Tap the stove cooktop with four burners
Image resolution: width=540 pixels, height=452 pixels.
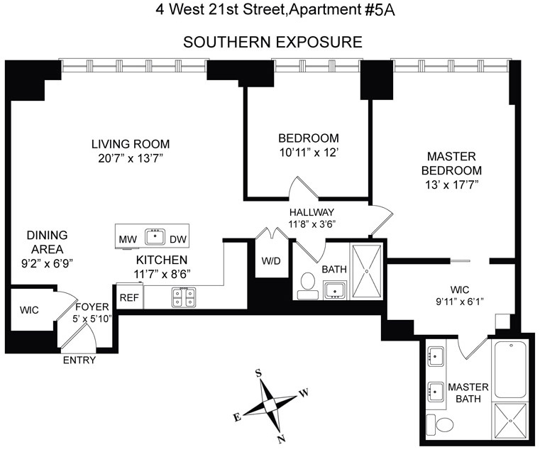[x=184, y=297]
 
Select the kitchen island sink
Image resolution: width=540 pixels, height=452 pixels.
[x=155, y=237]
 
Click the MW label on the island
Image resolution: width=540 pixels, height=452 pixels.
[x=128, y=239]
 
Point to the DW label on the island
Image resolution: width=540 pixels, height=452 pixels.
[x=178, y=239]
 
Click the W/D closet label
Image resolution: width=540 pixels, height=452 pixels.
[x=271, y=260]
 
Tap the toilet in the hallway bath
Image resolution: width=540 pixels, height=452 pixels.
[x=307, y=286]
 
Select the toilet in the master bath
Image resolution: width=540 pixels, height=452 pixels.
[x=441, y=425]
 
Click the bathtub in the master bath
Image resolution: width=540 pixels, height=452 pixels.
[x=510, y=370]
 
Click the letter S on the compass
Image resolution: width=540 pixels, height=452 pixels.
[x=258, y=373]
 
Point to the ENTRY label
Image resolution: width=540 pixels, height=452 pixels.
[x=79, y=360]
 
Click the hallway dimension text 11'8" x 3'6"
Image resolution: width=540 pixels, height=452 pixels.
[x=312, y=224]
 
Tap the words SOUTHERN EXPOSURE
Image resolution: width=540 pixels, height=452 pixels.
[x=272, y=43]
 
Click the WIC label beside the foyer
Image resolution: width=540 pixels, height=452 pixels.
[x=29, y=310]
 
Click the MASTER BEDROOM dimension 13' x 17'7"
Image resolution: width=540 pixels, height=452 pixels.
[x=451, y=185]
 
